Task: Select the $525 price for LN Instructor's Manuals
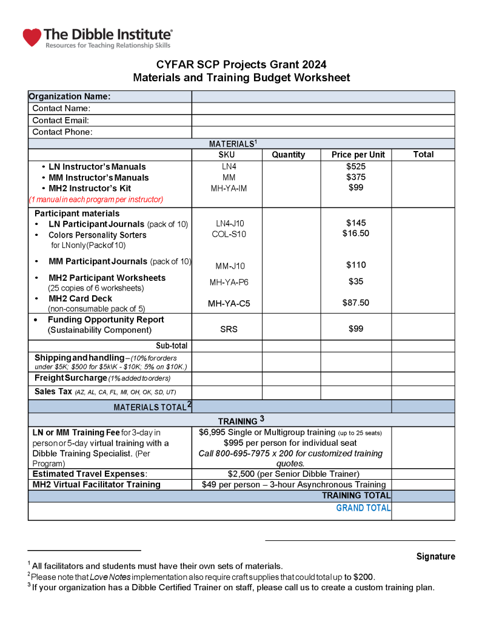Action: coord(356,166)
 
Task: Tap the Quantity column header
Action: coord(288,155)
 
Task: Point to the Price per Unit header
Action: coord(358,155)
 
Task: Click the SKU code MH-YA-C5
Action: coord(229,304)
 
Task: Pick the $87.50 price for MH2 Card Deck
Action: coord(356,303)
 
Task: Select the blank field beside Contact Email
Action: coord(323,121)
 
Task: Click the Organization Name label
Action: coord(70,96)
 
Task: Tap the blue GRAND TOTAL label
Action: coord(363,508)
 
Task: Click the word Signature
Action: coord(435,556)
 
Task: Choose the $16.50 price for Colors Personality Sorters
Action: coord(356,233)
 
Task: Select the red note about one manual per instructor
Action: coord(96,199)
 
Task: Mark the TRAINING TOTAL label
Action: coord(356,495)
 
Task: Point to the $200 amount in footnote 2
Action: coord(364,577)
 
